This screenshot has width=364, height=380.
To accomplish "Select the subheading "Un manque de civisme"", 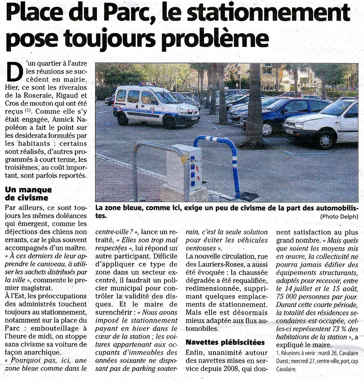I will [28, 194].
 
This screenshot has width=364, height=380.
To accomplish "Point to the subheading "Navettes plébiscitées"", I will [225, 342].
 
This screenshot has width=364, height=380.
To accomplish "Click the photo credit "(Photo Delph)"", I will [339, 216].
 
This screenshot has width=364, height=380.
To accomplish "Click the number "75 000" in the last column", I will [287, 296].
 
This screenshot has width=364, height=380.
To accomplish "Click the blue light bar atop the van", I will [147, 84].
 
